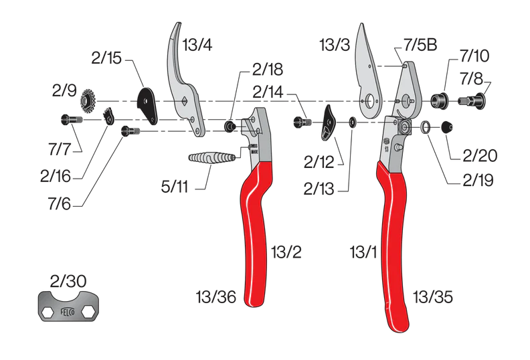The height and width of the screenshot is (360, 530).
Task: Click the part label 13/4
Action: [x=198, y=46]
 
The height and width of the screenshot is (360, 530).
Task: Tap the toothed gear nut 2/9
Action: [x=87, y=102]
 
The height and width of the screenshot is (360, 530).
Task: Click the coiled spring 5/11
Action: [x=212, y=159]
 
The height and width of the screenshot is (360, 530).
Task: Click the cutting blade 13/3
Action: [x=366, y=70]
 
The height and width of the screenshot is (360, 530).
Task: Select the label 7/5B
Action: [x=420, y=46]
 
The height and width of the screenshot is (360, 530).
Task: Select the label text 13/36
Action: [x=215, y=296]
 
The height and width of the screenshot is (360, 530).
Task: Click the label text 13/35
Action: [x=433, y=296]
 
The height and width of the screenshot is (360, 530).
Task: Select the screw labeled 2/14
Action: [x=303, y=122]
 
